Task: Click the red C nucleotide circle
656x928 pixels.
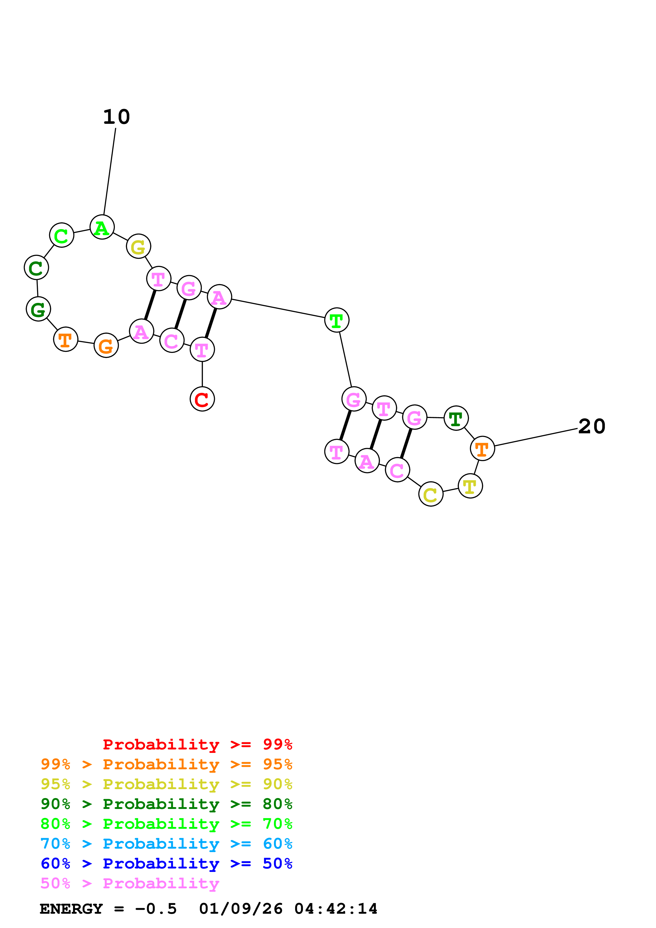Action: click(x=202, y=399)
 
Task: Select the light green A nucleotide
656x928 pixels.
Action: click(x=102, y=227)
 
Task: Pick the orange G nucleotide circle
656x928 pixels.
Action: click(x=106, y=345)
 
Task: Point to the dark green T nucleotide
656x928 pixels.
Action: click(x=456, y=418)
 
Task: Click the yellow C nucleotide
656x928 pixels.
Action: click(x=431, y=494)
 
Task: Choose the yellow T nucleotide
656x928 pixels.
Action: click(x=470, y=486)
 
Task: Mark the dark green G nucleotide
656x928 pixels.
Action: click(x=38, y=309)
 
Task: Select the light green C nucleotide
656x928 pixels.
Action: click(x=61, y=235)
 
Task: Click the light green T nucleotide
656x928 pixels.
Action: click(x=337, y=320)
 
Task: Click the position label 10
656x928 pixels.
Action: click(x=116, y=117)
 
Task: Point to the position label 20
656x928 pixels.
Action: click(x=592, y=426)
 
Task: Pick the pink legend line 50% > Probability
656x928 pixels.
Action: click(x=130, y=884)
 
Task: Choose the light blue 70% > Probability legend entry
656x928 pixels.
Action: click(x=166, y=844)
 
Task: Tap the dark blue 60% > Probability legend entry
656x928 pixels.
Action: click(x=166, y=864)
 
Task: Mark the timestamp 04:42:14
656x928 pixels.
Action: click(x=336, y=909)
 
